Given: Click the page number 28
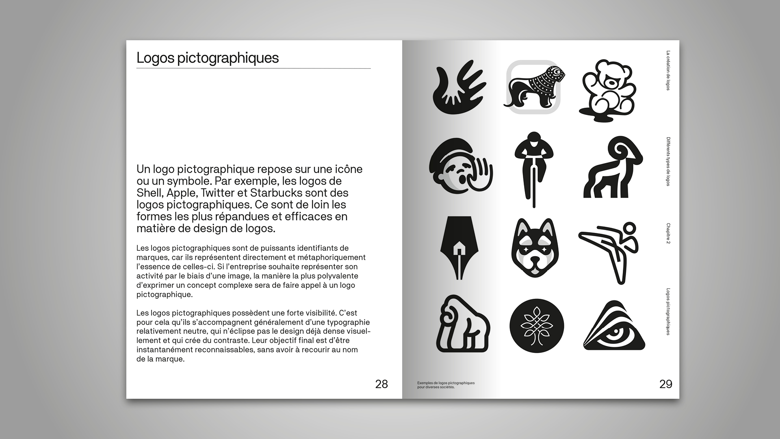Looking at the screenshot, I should (x=381, y=384).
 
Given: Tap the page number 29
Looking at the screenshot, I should (x=665, y=384).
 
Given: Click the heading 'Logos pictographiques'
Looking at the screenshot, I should (x=208, y=58).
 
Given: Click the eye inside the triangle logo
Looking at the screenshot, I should (x=614, y=327).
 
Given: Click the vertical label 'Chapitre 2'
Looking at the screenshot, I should (x=668, y=233).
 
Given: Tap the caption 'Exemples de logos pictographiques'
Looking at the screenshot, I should (x=446, y=383).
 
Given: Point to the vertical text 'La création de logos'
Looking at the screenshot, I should (x=668, y=70).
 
